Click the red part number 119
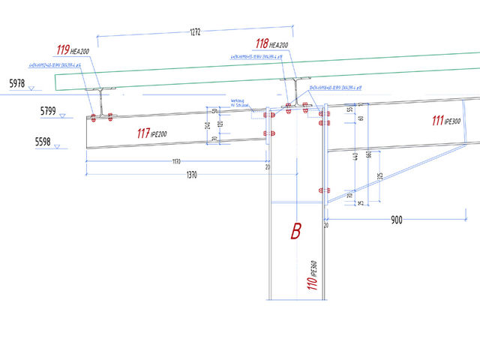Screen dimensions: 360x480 [x=63, y=51]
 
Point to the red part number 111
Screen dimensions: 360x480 [x=439, y=121]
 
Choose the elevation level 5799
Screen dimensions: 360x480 [x=49, y=110]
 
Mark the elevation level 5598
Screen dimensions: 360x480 [x=43, y=140]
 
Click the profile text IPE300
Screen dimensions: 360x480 [x=454, y=121]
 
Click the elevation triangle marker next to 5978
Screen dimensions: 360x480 [x=31, y=88]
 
